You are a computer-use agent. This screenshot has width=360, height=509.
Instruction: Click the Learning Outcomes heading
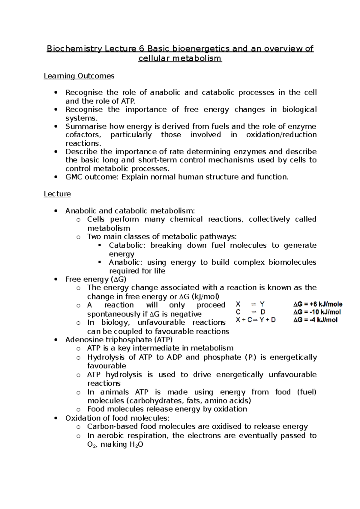[79, 76]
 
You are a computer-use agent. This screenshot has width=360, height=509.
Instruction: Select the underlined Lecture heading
[57, 194]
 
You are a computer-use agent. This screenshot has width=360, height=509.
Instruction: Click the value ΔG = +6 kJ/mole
[318, 304]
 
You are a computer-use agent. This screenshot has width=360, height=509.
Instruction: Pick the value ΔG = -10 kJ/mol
[317, 312]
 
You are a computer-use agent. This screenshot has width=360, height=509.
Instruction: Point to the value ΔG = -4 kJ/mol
[315, 320]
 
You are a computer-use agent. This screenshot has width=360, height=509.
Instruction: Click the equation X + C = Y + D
[256, 320]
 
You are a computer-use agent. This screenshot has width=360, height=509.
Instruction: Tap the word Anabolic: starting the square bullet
[126, 263]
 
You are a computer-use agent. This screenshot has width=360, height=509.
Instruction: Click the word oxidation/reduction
[281, 135]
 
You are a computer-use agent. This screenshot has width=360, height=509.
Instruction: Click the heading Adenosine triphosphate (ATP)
[119, 340]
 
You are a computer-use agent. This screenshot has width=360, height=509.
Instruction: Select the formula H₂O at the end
[136, 445]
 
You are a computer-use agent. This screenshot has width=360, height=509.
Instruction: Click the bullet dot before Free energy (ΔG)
[55, 279]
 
